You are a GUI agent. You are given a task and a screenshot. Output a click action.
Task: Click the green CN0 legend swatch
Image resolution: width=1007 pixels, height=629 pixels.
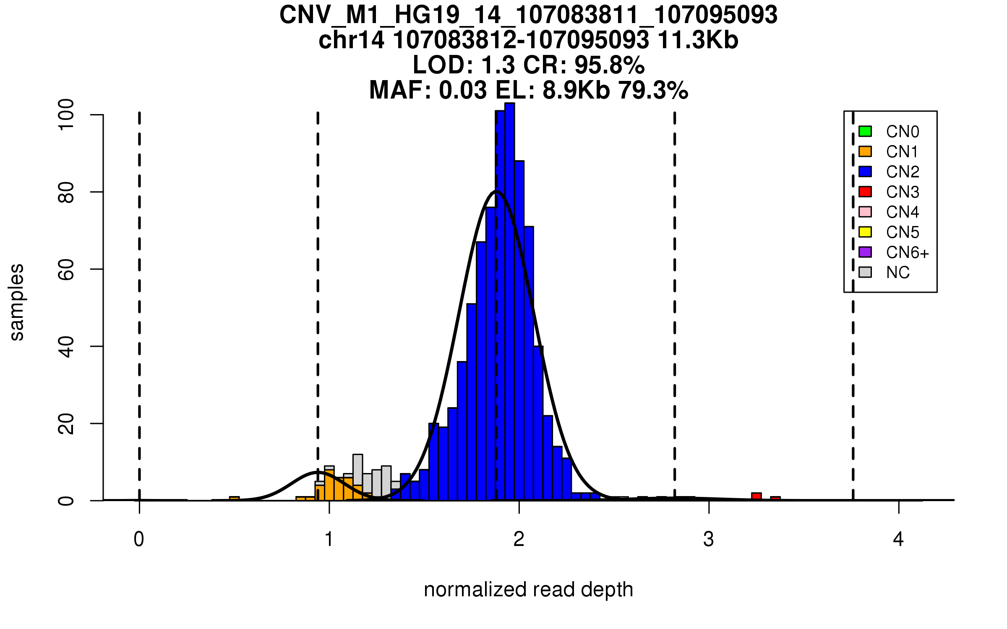pyautogui.click(x=865, y=131)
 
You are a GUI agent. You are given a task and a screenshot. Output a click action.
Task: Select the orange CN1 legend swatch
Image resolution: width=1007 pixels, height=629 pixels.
pyautogui.click(x=865, y=151)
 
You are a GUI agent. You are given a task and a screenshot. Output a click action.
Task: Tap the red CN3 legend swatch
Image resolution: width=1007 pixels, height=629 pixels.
pyautogui.click(x=865, y=192)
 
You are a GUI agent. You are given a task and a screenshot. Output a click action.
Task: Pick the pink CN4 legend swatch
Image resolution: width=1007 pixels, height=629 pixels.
pyautogui.click(x=865, y=212)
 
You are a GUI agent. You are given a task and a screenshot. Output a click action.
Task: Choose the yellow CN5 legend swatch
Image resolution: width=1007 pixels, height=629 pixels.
pyautogui.click(x=865, y=232)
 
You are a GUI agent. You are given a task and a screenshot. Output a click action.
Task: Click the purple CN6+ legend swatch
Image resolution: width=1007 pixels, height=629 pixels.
pyautogui.click(x=865, y=252)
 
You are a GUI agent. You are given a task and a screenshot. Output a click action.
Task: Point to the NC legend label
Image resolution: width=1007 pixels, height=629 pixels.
pyautogui.click(x=897, y=273)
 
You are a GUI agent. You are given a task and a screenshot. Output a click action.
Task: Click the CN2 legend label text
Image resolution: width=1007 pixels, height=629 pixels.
pyautogui.click(x=903, y=172)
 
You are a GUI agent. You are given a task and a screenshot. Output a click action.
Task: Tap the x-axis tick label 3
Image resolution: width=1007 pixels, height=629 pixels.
pyautogui.click(x=709, y=539)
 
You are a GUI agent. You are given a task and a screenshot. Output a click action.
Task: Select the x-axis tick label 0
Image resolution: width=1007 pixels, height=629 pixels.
pyautogui.click(x=139, y=539)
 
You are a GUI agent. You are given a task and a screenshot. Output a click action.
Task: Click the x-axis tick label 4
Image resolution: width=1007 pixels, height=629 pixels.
pyautogui.click(x=898, y=539)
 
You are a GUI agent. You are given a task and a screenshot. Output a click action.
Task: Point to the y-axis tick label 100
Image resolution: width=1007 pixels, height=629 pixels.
pyautogui.click(x=66, y=114)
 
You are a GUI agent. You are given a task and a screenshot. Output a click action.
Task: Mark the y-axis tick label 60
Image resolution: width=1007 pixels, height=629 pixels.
pyautogui.click(x=66, y=269)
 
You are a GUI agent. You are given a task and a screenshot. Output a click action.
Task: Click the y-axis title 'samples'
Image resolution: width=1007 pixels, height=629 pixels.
pyautogui.click(x=17, y=302)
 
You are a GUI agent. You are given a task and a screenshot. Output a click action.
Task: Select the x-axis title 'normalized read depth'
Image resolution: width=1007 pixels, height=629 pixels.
pyautogui.click(x=528, y=590)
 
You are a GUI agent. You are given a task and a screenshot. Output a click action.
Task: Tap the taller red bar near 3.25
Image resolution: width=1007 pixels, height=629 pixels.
pyautogui.click(x=756, y=496)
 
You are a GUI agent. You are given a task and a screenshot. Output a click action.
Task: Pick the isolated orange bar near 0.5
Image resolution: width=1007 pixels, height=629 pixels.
pyautogui.click(x=234, y=499)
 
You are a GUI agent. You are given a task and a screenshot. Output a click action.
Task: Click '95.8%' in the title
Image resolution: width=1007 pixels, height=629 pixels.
pyautogui.click(x=609, y=65)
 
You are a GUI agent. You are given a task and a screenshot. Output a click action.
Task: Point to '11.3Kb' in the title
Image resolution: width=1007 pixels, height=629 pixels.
pyautogui.click(x=698, y=40)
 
